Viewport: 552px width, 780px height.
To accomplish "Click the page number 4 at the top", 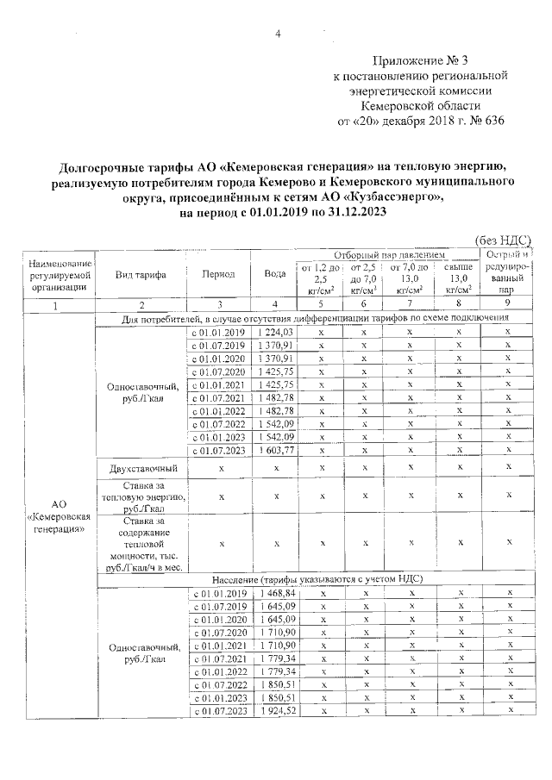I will [278, 34].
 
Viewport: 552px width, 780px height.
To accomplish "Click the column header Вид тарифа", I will [141, 274].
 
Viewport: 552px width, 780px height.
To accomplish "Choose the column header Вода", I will [275, 274].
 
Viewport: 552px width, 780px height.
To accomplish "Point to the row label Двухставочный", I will [141, 469].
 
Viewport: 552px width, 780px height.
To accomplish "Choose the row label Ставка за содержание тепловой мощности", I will [141, 539].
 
